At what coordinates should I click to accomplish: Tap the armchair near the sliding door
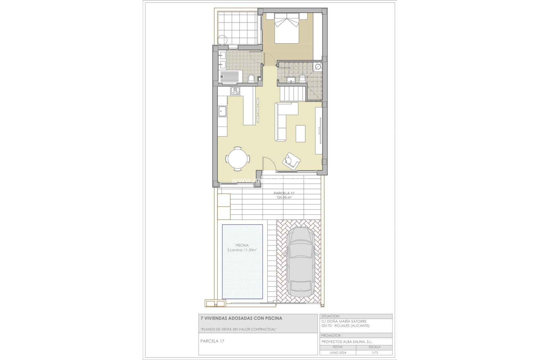292,161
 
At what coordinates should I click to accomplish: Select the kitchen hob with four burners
235,91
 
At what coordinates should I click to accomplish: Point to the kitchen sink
223,111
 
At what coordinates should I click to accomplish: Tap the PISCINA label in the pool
242,245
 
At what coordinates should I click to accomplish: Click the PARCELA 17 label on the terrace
284,193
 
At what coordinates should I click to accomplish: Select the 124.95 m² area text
284,197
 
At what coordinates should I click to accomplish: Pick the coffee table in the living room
301,134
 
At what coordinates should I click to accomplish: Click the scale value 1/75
374,353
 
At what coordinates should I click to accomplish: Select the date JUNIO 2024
337,353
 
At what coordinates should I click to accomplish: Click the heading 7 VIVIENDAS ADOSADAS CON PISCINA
241,318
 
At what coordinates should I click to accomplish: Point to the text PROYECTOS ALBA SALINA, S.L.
346,342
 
